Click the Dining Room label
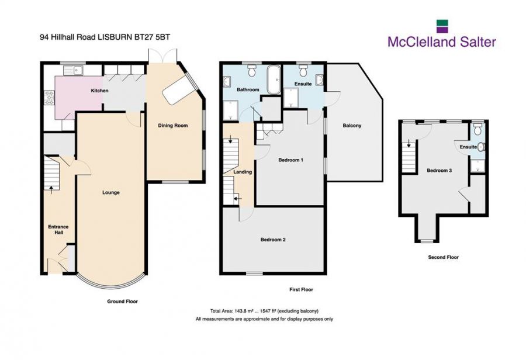point(172,125)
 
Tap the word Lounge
point(111,192)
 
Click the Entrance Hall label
point(58,230)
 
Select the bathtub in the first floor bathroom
point(273,80)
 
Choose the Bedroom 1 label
point(290,160)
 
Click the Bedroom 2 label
point(273,239)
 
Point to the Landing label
point(242,172)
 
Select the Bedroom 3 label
point(438,171)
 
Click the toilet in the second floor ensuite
point(480,147)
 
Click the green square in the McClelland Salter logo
point(442,25)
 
